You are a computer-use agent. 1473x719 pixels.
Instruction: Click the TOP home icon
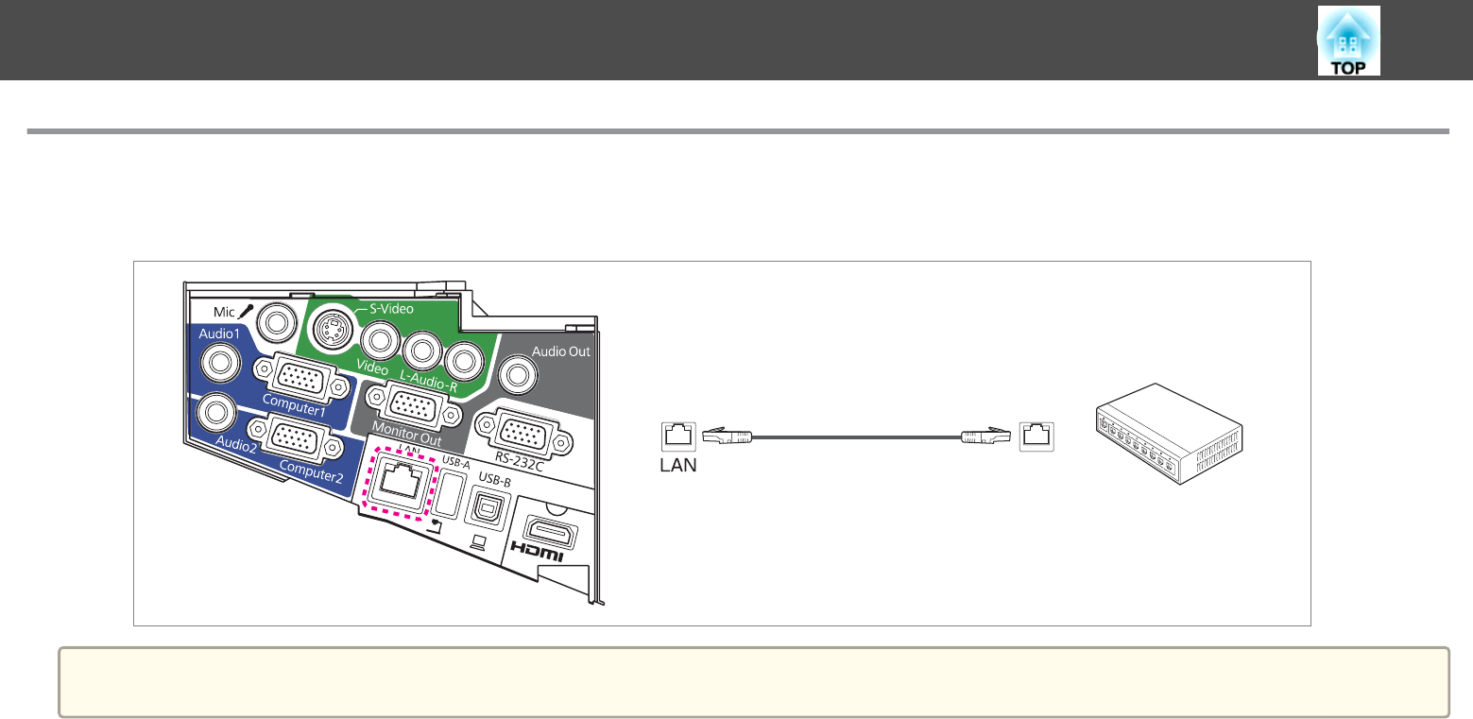1348,41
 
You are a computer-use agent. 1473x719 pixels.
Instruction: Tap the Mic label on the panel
224,312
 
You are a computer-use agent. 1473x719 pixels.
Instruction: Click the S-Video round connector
333,330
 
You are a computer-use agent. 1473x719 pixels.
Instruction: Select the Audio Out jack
518,375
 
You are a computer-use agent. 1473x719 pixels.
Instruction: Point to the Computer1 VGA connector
301,378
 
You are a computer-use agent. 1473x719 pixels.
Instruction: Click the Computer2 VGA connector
296,439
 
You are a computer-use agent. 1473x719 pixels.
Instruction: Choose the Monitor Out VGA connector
414,406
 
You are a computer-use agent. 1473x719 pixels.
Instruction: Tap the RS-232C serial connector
523,434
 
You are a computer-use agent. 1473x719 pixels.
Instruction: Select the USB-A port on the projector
449,495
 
